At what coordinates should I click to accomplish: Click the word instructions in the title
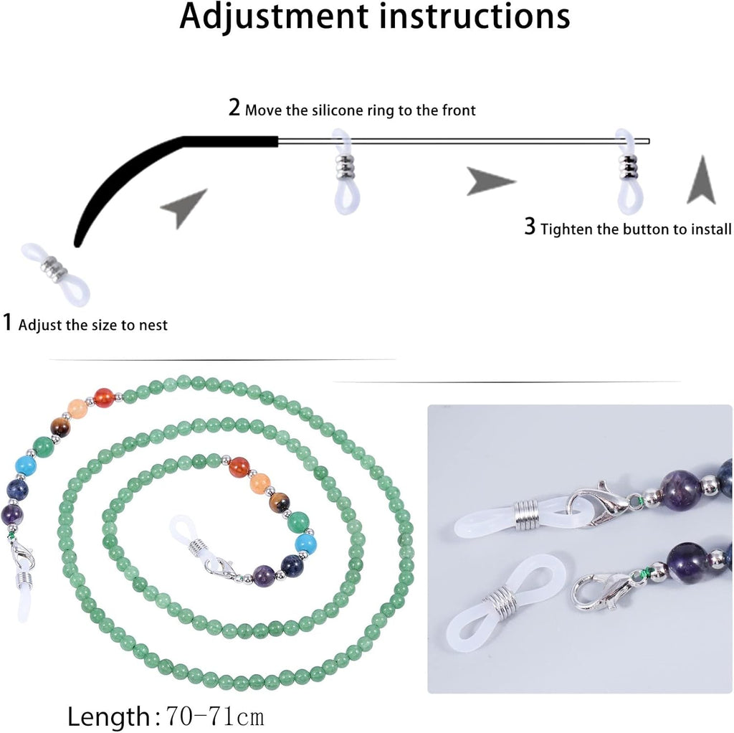[475, 16]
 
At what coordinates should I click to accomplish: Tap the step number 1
[7, 322]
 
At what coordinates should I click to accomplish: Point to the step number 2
[234, 108]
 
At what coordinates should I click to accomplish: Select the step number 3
[530, 227]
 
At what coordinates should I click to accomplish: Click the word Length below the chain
[109, 716]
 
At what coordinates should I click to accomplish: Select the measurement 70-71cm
[215, 716]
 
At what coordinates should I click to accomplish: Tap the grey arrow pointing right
[490, 181]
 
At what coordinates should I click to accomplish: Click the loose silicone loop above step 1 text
[55, 274]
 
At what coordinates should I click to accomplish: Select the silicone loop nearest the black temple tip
[344, 171]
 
